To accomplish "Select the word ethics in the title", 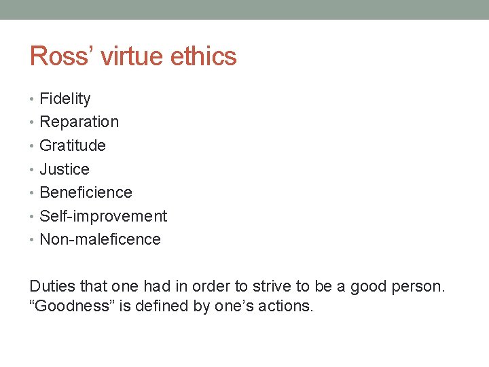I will point(204,56).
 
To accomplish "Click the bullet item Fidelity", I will point(65,99).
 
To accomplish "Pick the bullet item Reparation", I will point(79,122).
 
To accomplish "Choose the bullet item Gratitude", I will point(73,145).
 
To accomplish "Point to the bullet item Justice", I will point(65,169).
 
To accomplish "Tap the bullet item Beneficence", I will point(86,192).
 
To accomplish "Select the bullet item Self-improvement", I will point(103,216).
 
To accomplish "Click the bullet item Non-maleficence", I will point(101,239).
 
